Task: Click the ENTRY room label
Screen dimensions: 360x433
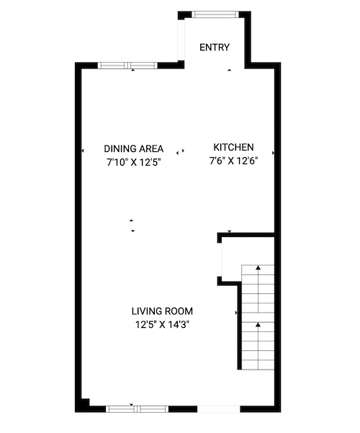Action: pos(215,48)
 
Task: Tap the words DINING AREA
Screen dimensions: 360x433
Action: pos(134,149)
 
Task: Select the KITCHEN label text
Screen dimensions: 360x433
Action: pos(233,147)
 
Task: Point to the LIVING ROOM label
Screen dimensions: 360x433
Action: pos(162,311)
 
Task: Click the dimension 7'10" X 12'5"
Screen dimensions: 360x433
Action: pos(134,162)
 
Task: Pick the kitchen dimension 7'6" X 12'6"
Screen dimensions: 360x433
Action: pos(233,161)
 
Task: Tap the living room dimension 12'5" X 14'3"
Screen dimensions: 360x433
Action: pos(162,324)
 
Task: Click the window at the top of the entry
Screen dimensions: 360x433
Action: pos(215,14)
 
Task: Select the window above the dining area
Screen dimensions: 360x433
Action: pos(127,66)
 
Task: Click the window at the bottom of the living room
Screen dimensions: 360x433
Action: pos(138,409)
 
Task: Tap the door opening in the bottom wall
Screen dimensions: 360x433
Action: pos(219,409)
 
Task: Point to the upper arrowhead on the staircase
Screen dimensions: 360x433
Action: pos(258,267)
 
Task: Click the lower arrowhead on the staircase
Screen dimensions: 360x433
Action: pos(258,325)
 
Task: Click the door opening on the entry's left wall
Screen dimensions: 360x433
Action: pos(181,40)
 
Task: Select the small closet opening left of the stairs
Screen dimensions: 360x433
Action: pos(220,259)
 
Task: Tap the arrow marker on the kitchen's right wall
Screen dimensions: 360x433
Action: pos(274,153)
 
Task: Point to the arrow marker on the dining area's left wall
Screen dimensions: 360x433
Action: pos(82,151)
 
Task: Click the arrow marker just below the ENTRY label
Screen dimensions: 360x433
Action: pos(229,70)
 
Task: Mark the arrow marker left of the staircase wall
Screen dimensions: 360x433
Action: pos(236,313)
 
